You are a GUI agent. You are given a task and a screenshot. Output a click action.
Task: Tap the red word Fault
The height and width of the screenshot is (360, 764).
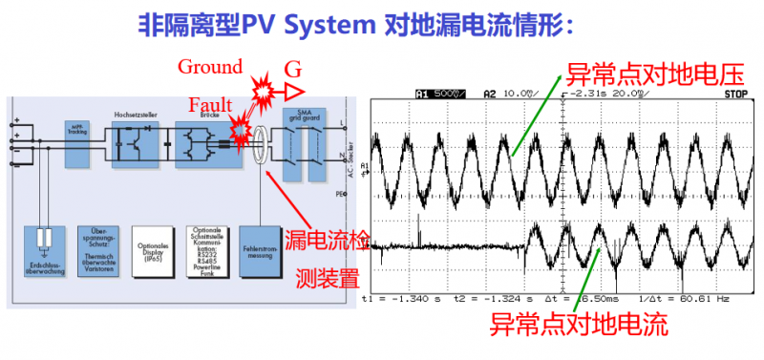coord(210,104)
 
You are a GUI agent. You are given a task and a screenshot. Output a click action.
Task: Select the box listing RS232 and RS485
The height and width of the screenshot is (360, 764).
coord(206,250)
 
